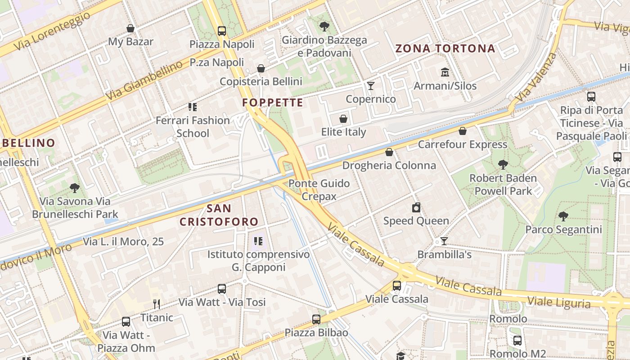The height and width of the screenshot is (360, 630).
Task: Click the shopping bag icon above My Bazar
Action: click(130, 29)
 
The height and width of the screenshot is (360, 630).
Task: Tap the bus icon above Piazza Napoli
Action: click(222, 31)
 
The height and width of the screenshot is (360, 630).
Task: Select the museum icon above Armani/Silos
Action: click(445, 72)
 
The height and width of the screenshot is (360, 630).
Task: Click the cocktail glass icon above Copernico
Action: click(371, 86)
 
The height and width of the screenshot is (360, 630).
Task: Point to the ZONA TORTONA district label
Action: click(445, 49)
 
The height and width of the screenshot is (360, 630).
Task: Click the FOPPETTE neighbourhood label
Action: click(273, 103)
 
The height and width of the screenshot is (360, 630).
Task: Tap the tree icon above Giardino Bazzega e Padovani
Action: click(324, 27)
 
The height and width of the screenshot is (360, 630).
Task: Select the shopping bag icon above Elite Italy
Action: click(343, 119)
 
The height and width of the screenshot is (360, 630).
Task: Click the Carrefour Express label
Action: click(463, 144)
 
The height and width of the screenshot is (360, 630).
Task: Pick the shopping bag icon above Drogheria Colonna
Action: click(389, 152)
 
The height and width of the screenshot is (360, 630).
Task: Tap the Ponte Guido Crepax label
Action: click(319, 190)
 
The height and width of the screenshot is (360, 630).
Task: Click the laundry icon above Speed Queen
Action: click(416, 207)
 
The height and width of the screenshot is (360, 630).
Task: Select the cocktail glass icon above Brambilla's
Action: click(444, 241)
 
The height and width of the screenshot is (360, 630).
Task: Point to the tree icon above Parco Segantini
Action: click(563, 216)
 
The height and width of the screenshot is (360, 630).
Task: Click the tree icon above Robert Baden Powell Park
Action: click(503, 165)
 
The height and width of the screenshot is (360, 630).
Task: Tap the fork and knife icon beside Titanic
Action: click(157, 304)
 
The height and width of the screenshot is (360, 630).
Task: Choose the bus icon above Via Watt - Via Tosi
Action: click(222, 289)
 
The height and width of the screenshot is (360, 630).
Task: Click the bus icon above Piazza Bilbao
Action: click(316, 319)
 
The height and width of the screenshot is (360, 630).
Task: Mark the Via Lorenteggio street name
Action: click(52, 31)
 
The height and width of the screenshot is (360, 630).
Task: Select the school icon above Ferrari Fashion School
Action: click(193, 107)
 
